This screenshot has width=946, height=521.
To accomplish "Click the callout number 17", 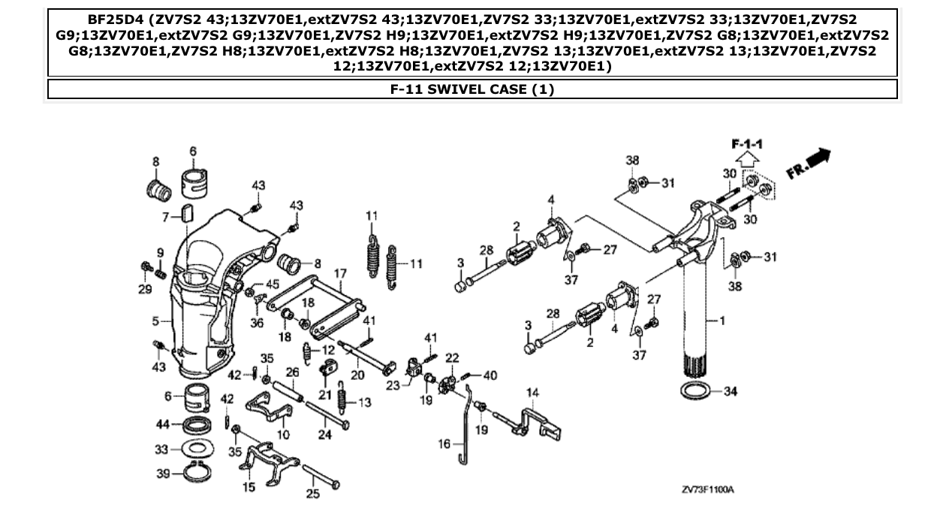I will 339,274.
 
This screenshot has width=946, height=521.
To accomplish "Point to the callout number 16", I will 446,444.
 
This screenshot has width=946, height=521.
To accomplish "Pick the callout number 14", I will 532,392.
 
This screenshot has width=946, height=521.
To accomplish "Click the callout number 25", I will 312,494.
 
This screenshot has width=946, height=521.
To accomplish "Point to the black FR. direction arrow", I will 818,158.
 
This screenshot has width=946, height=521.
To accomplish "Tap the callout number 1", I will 722,321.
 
